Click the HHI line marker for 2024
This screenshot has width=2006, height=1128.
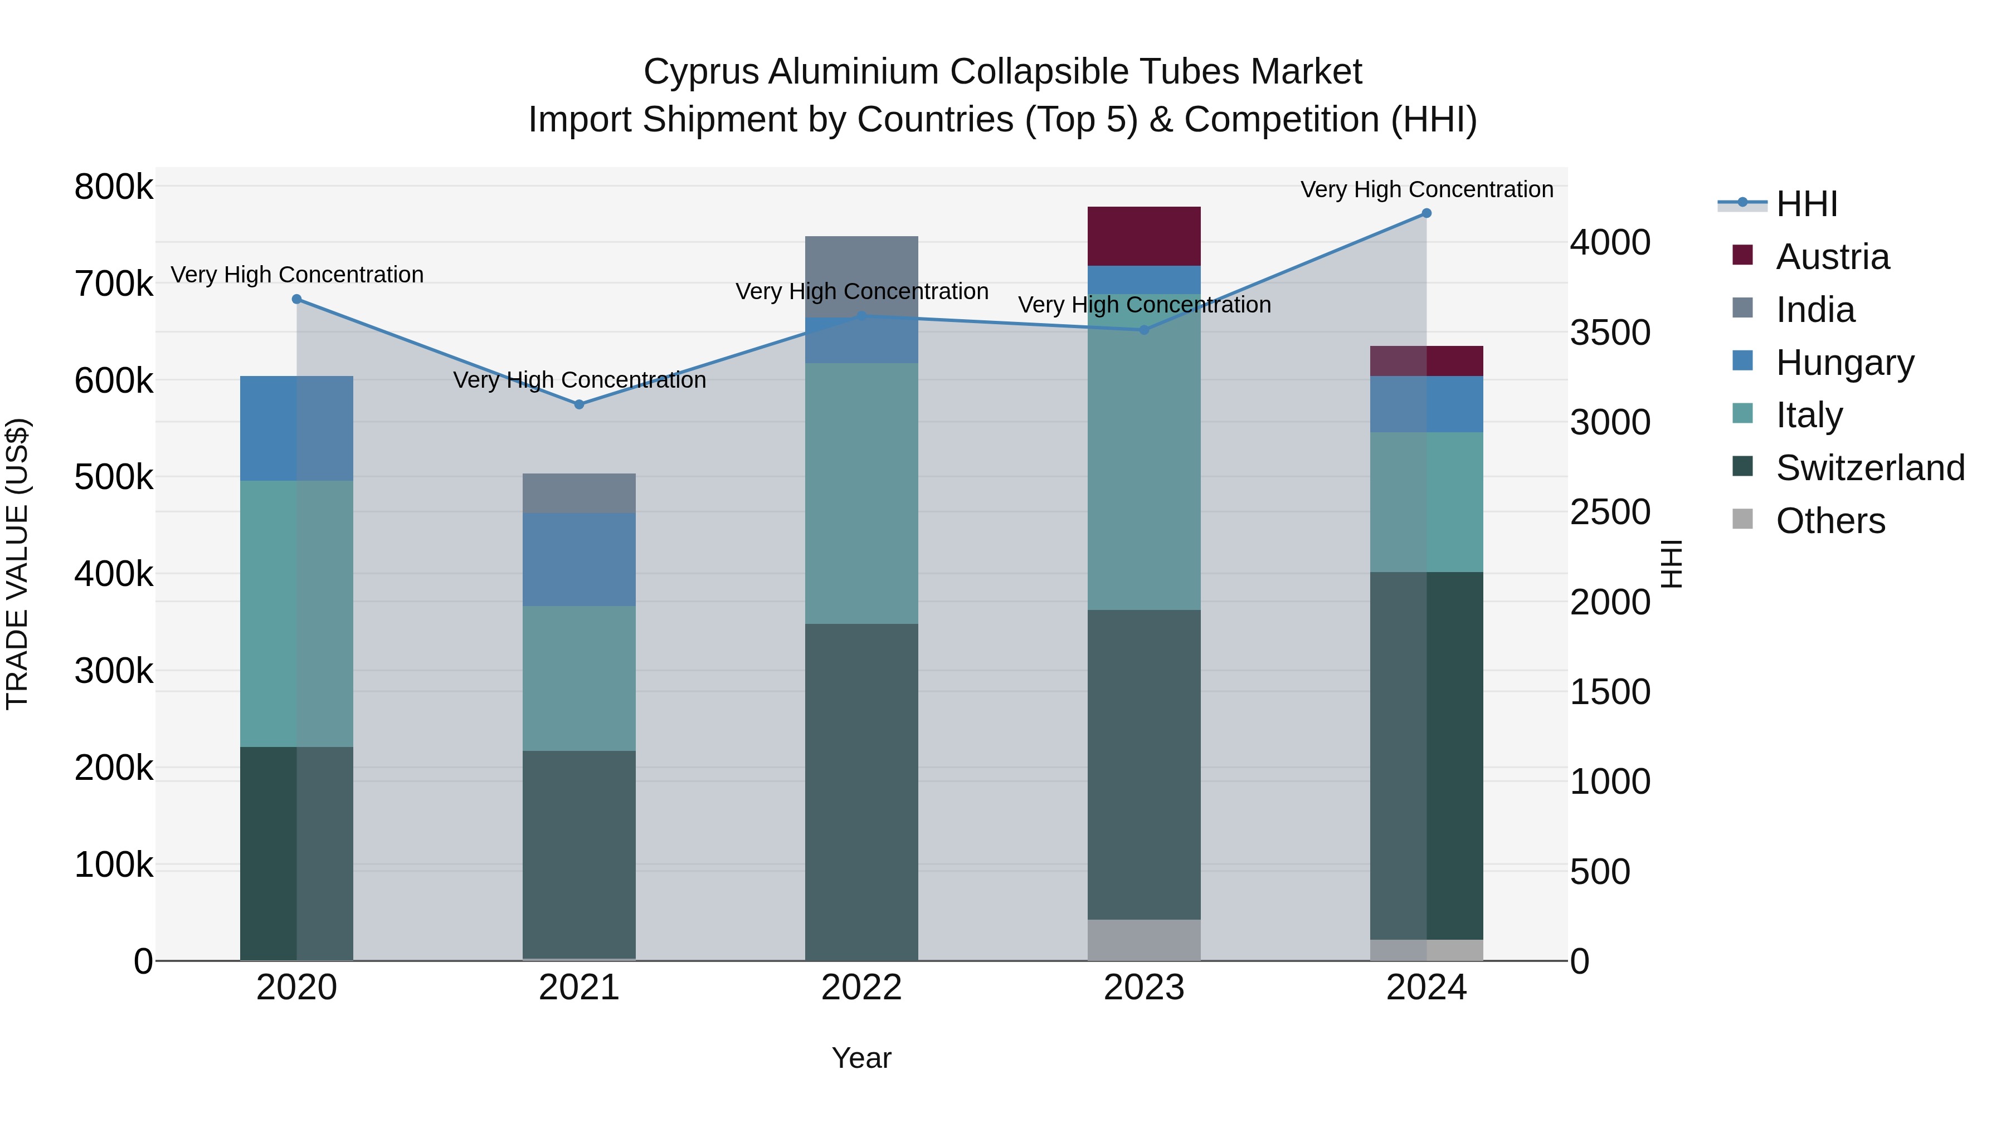tap(1426, 213)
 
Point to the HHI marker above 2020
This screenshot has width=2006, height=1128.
tap(296, 300)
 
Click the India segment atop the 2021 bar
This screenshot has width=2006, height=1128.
tap(578, 493)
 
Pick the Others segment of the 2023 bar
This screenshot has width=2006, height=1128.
tap(1143, 940)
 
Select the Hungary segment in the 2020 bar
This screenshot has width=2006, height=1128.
tap(296, 428)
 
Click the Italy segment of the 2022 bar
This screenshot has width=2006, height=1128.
tap(861, 494)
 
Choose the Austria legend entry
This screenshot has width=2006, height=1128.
tap(1832, 257)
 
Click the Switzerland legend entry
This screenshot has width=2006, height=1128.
tap(1869, 468)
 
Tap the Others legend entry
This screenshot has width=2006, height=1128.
tap(1830, 521)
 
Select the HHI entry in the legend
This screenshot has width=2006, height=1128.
tap(1806, 204)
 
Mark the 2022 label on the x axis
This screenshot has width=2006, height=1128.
tap(861, 988)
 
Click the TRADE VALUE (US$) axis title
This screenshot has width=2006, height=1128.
tap(17, 564)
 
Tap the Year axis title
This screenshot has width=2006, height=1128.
tap(861, 1058)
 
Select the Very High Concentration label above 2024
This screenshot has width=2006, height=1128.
tap(1426, 189)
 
